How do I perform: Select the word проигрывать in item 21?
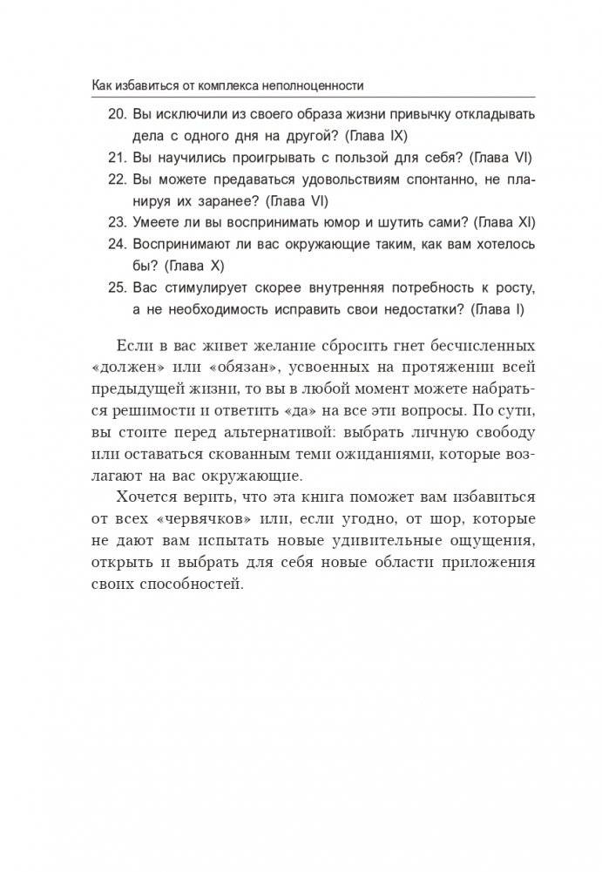pyautogui.click(x=254, y=158)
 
